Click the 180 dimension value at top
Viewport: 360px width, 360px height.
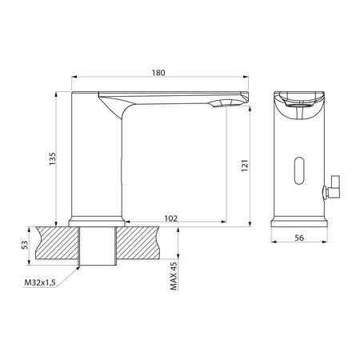158,73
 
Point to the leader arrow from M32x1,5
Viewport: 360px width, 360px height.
71,275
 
